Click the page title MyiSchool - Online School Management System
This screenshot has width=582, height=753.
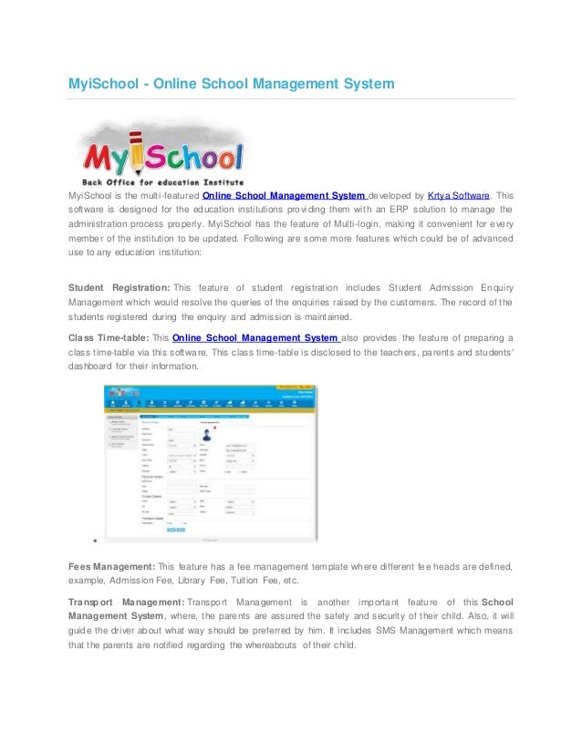click(232, 84)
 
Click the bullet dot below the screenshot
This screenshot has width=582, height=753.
click(83, 541)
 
